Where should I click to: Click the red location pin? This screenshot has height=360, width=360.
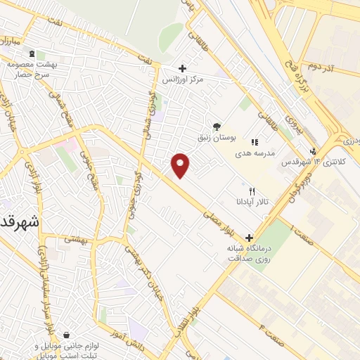181,165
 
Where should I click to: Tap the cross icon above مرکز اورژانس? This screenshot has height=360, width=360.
183,69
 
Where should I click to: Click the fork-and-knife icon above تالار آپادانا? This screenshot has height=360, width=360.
252,191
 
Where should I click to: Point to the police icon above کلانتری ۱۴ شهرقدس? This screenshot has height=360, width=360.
313,150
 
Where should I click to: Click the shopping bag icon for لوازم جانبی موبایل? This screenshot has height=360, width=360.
66,335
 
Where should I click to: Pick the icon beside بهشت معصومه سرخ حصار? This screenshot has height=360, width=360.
32,53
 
